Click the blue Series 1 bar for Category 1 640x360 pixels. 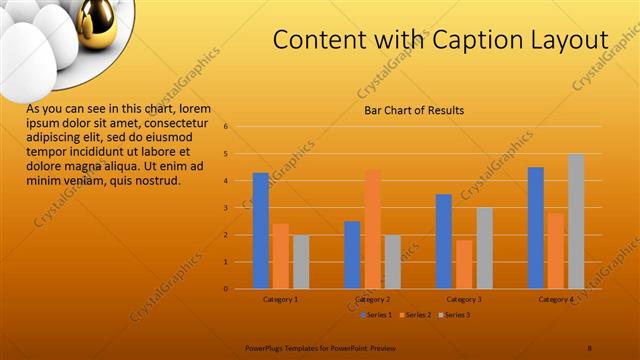point(260,230)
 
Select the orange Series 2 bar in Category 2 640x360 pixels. point(372,229)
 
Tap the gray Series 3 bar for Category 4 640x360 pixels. point(576,221)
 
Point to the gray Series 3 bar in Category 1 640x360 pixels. point(301,261)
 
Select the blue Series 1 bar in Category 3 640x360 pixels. point(444,241)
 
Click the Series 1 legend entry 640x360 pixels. point(375,315)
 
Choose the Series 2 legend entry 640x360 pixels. point(414,315)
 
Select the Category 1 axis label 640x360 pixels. point(281,299)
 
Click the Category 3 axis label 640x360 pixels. point(464,299)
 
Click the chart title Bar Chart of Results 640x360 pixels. point(413,110)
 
